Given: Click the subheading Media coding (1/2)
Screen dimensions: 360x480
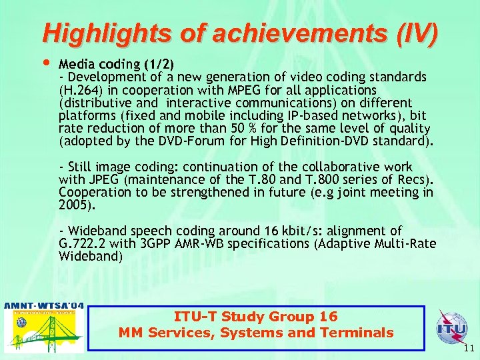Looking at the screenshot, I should [x=117, y=65].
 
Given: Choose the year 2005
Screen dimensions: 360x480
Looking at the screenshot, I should [x=73, y=205].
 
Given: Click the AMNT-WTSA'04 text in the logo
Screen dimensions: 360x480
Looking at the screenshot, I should [x=44, y=306].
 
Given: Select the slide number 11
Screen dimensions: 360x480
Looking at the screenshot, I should [x=467, y=348].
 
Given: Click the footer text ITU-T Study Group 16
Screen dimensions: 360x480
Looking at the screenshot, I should [x=256, y=317].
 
